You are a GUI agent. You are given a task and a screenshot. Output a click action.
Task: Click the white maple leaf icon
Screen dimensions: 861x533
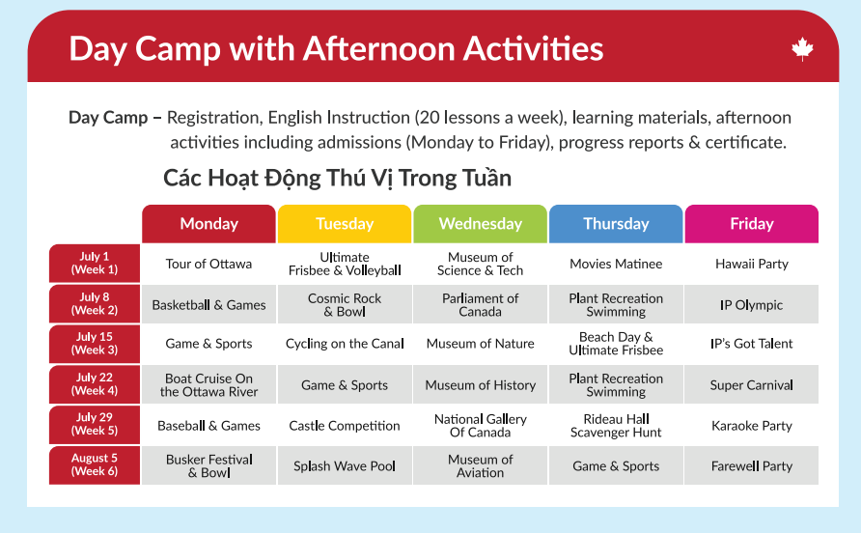(x=802, y=49)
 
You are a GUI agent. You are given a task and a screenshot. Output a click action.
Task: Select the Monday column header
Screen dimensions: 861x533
(x=208, y=224)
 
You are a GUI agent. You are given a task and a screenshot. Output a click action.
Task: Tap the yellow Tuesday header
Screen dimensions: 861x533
(x=345, y=224)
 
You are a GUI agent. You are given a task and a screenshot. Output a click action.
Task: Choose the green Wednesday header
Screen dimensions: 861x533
(x=480, y=224)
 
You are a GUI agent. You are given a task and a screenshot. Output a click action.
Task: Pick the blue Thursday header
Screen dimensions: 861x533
(x=616, y=224)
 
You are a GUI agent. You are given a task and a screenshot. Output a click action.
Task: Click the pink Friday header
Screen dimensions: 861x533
(x=751, y=224)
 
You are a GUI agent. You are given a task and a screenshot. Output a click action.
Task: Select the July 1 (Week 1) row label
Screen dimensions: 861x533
(x=95, y=264)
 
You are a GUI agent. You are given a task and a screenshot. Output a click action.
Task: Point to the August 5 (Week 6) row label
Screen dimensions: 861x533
(x=95, y=464)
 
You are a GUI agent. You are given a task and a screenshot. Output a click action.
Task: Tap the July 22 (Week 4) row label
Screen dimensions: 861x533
(x=95, y=384)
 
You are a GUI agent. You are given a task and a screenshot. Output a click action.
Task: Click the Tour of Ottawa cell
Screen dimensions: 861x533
(x=208, y=264)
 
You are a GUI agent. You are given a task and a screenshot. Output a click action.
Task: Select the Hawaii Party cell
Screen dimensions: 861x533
(x=751, y=264)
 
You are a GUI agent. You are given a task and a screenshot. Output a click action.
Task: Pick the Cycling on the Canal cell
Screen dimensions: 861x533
(x=345, y=344)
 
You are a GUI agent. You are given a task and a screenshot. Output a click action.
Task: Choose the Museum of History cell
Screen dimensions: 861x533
(x=480, y=384)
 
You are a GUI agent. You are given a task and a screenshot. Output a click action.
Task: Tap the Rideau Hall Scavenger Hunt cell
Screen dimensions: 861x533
(x=616, y=425)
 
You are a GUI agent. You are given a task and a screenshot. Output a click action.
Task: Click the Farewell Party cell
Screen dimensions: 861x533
(x=751, y=466)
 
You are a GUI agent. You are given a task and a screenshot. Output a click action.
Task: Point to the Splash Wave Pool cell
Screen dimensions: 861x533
(x=345, y=466)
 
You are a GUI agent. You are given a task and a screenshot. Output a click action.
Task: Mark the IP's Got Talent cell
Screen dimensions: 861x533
(x=751, y=344)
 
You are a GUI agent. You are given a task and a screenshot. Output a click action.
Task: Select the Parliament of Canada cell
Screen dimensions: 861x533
(x=480, y=304)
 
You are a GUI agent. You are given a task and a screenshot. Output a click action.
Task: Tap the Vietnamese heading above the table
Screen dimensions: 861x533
(x=337, y=178)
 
